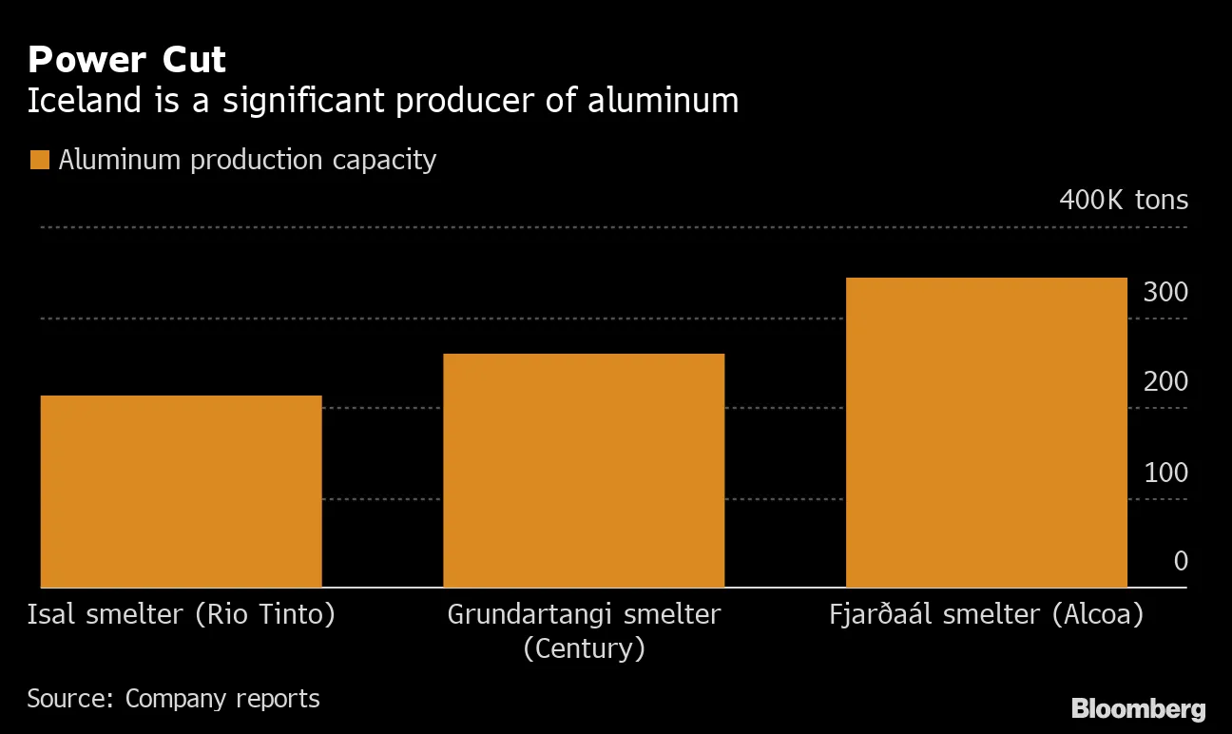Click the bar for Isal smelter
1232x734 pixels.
[182, 491]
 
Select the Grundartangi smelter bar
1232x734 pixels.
[584, 470]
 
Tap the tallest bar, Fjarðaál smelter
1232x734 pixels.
[986, 432]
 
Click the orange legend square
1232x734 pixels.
[39, 160]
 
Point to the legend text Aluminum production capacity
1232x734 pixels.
[247, 160]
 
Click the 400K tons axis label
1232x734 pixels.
[1123, 200]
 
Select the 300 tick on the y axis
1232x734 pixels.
[1165, 292]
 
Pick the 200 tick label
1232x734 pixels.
[1165, 382]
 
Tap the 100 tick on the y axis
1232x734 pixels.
[1165, 473]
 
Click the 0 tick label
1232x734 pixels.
[1180, 561]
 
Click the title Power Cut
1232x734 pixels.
[126, 60]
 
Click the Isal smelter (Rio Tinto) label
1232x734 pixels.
[182, 615]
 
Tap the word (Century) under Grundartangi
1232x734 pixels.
[584, 648]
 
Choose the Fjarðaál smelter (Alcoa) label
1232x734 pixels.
[986, 615]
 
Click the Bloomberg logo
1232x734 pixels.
[1138, 708]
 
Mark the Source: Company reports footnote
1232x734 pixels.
[173, 699]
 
